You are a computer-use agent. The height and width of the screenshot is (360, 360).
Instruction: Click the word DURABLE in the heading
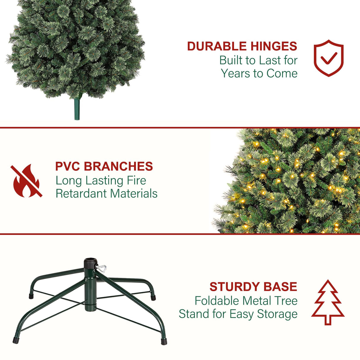pos(217,46)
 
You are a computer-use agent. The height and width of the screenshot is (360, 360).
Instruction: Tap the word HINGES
pos(274,46)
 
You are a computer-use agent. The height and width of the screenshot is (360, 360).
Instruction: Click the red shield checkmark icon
pos(329,58)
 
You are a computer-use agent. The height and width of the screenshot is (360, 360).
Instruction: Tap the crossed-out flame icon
pos(26,181)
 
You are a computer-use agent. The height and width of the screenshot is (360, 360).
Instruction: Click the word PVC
pos(68,166)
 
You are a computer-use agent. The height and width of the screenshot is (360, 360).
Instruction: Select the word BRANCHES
pos(118,166)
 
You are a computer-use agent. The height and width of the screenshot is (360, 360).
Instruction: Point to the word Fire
pos(136,180)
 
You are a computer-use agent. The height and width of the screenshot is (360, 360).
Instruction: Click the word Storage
pos(277,314)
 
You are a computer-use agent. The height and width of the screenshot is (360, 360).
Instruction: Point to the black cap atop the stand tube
pos(90,263)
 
